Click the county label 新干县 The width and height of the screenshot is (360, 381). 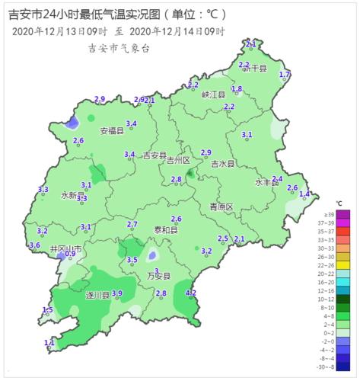(x=254, y=69)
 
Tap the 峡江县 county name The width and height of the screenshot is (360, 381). (x=213, y=94)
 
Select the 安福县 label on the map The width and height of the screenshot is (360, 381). (x=111, y=131)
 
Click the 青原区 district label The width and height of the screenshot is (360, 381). (x=221, y=207)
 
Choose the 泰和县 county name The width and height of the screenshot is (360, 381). (x=165, y=229)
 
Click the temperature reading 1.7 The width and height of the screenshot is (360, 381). (x=285, y=74)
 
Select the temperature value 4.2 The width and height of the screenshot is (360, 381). (x=191, y=293)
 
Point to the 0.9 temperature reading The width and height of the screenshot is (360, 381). (x=70, y=254)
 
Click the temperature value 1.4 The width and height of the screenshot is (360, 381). (x=304, y=194)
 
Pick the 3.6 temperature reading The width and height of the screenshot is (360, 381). (x=34, y=245)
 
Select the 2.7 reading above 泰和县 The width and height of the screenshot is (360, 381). (x=132, y=224)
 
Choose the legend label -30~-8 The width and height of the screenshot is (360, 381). (x=343, y=367)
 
